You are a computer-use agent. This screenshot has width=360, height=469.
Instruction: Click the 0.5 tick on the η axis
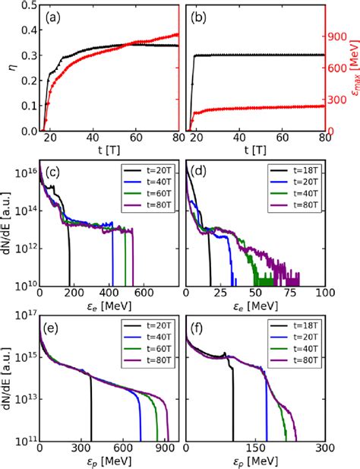point(24,7)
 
